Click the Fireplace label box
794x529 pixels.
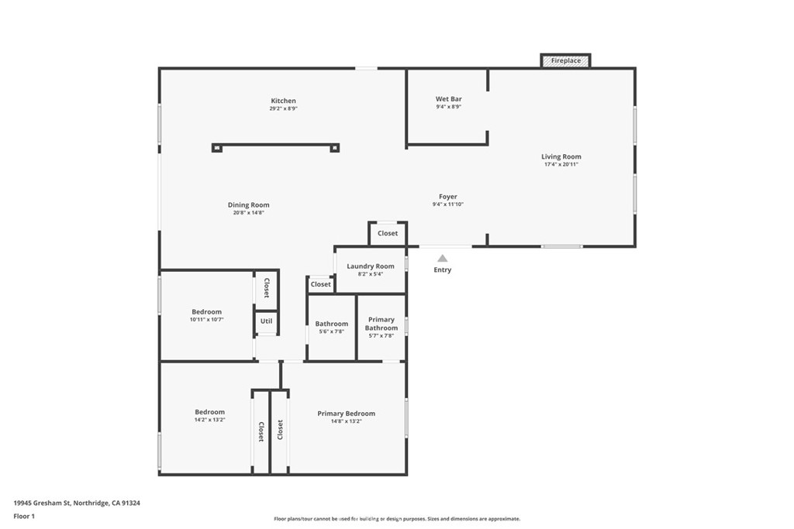click(x=565, y=60)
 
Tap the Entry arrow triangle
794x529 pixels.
click(x=443, y=259)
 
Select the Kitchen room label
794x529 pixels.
click(x=283, y=101)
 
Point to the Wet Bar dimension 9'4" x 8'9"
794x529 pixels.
click(x=449, y=107)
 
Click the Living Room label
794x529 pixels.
click(x=561, y=156)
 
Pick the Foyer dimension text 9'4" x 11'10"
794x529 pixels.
click(x=447, y=204)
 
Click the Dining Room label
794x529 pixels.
click(x=248, y=204)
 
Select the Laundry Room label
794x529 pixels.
click(x=370, y=266)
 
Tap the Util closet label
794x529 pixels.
click(x=267, y=321)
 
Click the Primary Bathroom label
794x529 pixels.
click(x=381, y=324)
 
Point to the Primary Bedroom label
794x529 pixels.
click(x=347, y=414)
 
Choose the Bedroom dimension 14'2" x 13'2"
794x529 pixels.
click(x=209, y=420)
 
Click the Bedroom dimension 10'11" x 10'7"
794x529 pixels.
click(x=206, y=320)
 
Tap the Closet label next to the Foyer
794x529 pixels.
click(x=388, y=233)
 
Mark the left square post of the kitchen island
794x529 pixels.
click(x=217, y=148)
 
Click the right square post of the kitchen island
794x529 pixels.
click(x=334, y=148)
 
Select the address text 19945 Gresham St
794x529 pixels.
click(x=43, y=503)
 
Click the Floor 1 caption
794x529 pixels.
click(x=24, y=517)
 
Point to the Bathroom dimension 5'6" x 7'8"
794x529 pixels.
click(x=332, y=331)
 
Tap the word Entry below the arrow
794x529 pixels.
click(x=442, y=270)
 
